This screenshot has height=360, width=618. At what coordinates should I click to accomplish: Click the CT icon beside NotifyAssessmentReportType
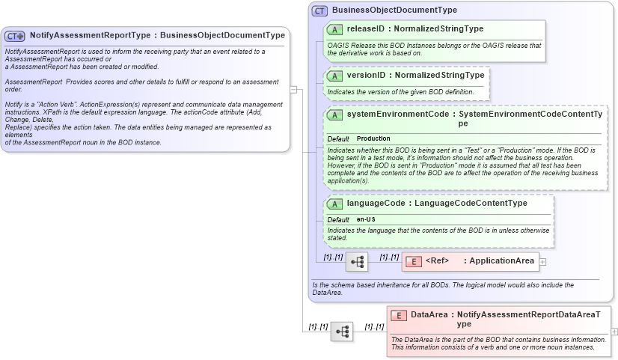click(15, 36)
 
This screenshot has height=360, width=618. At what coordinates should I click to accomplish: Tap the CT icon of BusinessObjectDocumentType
click(319, 10)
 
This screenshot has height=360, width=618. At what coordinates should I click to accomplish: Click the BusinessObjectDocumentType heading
click(394, 10)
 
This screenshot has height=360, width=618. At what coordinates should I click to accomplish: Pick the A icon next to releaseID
click(336, 29)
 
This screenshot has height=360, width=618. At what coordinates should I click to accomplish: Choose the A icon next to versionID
click(336, 76)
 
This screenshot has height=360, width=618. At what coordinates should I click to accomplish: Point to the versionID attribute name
click(367, 76)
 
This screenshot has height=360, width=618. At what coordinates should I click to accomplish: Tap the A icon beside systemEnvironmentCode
click(336, 115)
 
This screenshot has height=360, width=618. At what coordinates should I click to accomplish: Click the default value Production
click(373, 138)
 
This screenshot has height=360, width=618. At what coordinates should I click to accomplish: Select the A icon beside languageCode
click(336, 204)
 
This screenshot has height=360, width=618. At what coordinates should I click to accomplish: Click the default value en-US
click(366, 219)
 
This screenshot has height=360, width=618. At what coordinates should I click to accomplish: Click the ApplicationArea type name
click(502, 261)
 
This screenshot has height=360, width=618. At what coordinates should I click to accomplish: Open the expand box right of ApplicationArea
click(542, 261)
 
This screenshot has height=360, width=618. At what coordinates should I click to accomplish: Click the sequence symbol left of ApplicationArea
click(357, 261)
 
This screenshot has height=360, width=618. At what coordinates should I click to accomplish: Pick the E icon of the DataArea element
click(399, 316)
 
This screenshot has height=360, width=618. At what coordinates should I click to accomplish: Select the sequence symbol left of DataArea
click(342, 331)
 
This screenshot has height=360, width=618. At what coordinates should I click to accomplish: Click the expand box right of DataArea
click(614, 331)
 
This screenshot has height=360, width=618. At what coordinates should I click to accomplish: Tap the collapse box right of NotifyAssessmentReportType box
click(294, 90)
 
